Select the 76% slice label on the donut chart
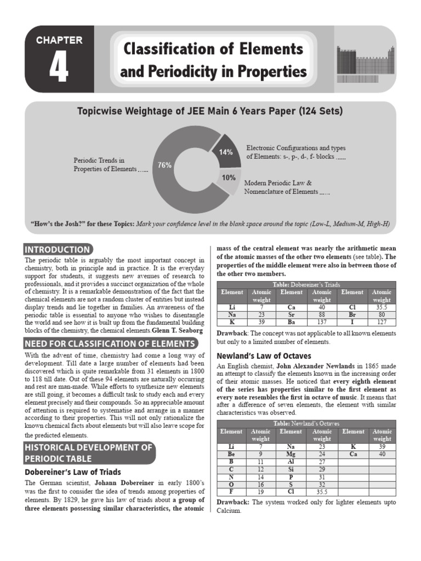165,165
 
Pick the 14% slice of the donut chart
226,152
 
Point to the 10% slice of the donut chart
229,178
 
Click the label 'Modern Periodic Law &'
278,182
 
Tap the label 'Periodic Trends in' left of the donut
99,161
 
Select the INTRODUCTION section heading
57,249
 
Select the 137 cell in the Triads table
321,322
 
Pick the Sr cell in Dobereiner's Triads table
291,315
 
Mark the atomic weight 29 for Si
321,470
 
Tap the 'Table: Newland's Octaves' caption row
306,423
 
